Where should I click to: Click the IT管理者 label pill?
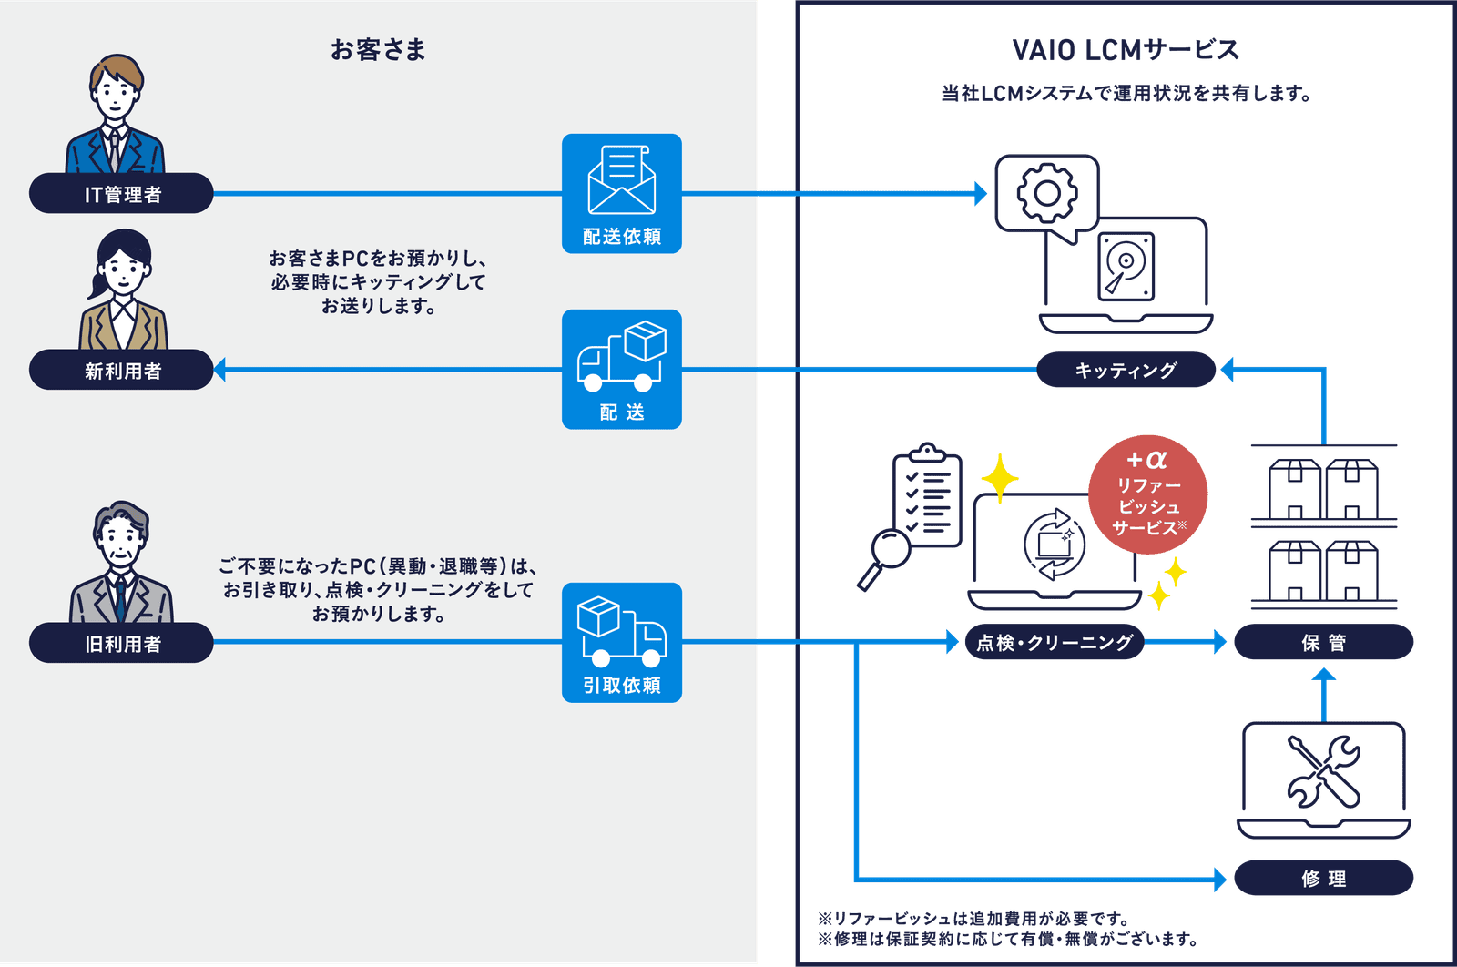[x=121, y=194]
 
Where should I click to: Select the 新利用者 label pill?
[x=121, y=371]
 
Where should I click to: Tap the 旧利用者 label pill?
[x=121, y=644]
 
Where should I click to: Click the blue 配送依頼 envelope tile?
[x=622, y=193]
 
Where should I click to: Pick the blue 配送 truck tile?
[x=622, y=369]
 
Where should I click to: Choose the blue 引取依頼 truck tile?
[x=622, y=642]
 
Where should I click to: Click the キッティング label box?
[x=1126, y=371]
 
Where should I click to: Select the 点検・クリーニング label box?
[x=1054, y=643]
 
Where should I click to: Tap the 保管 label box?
[x=1323, y=643]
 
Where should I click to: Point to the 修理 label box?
[x=1323, y=879]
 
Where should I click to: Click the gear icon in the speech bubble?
[x=1046, y=193]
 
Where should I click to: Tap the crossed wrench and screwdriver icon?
[x=1323, y=771]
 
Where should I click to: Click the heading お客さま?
[x=378, y=50]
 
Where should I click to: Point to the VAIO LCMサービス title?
[x=1126, y=51]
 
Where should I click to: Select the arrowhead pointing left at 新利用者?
[x=219, y=370]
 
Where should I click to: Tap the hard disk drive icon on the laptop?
[x=1126, y=265]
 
